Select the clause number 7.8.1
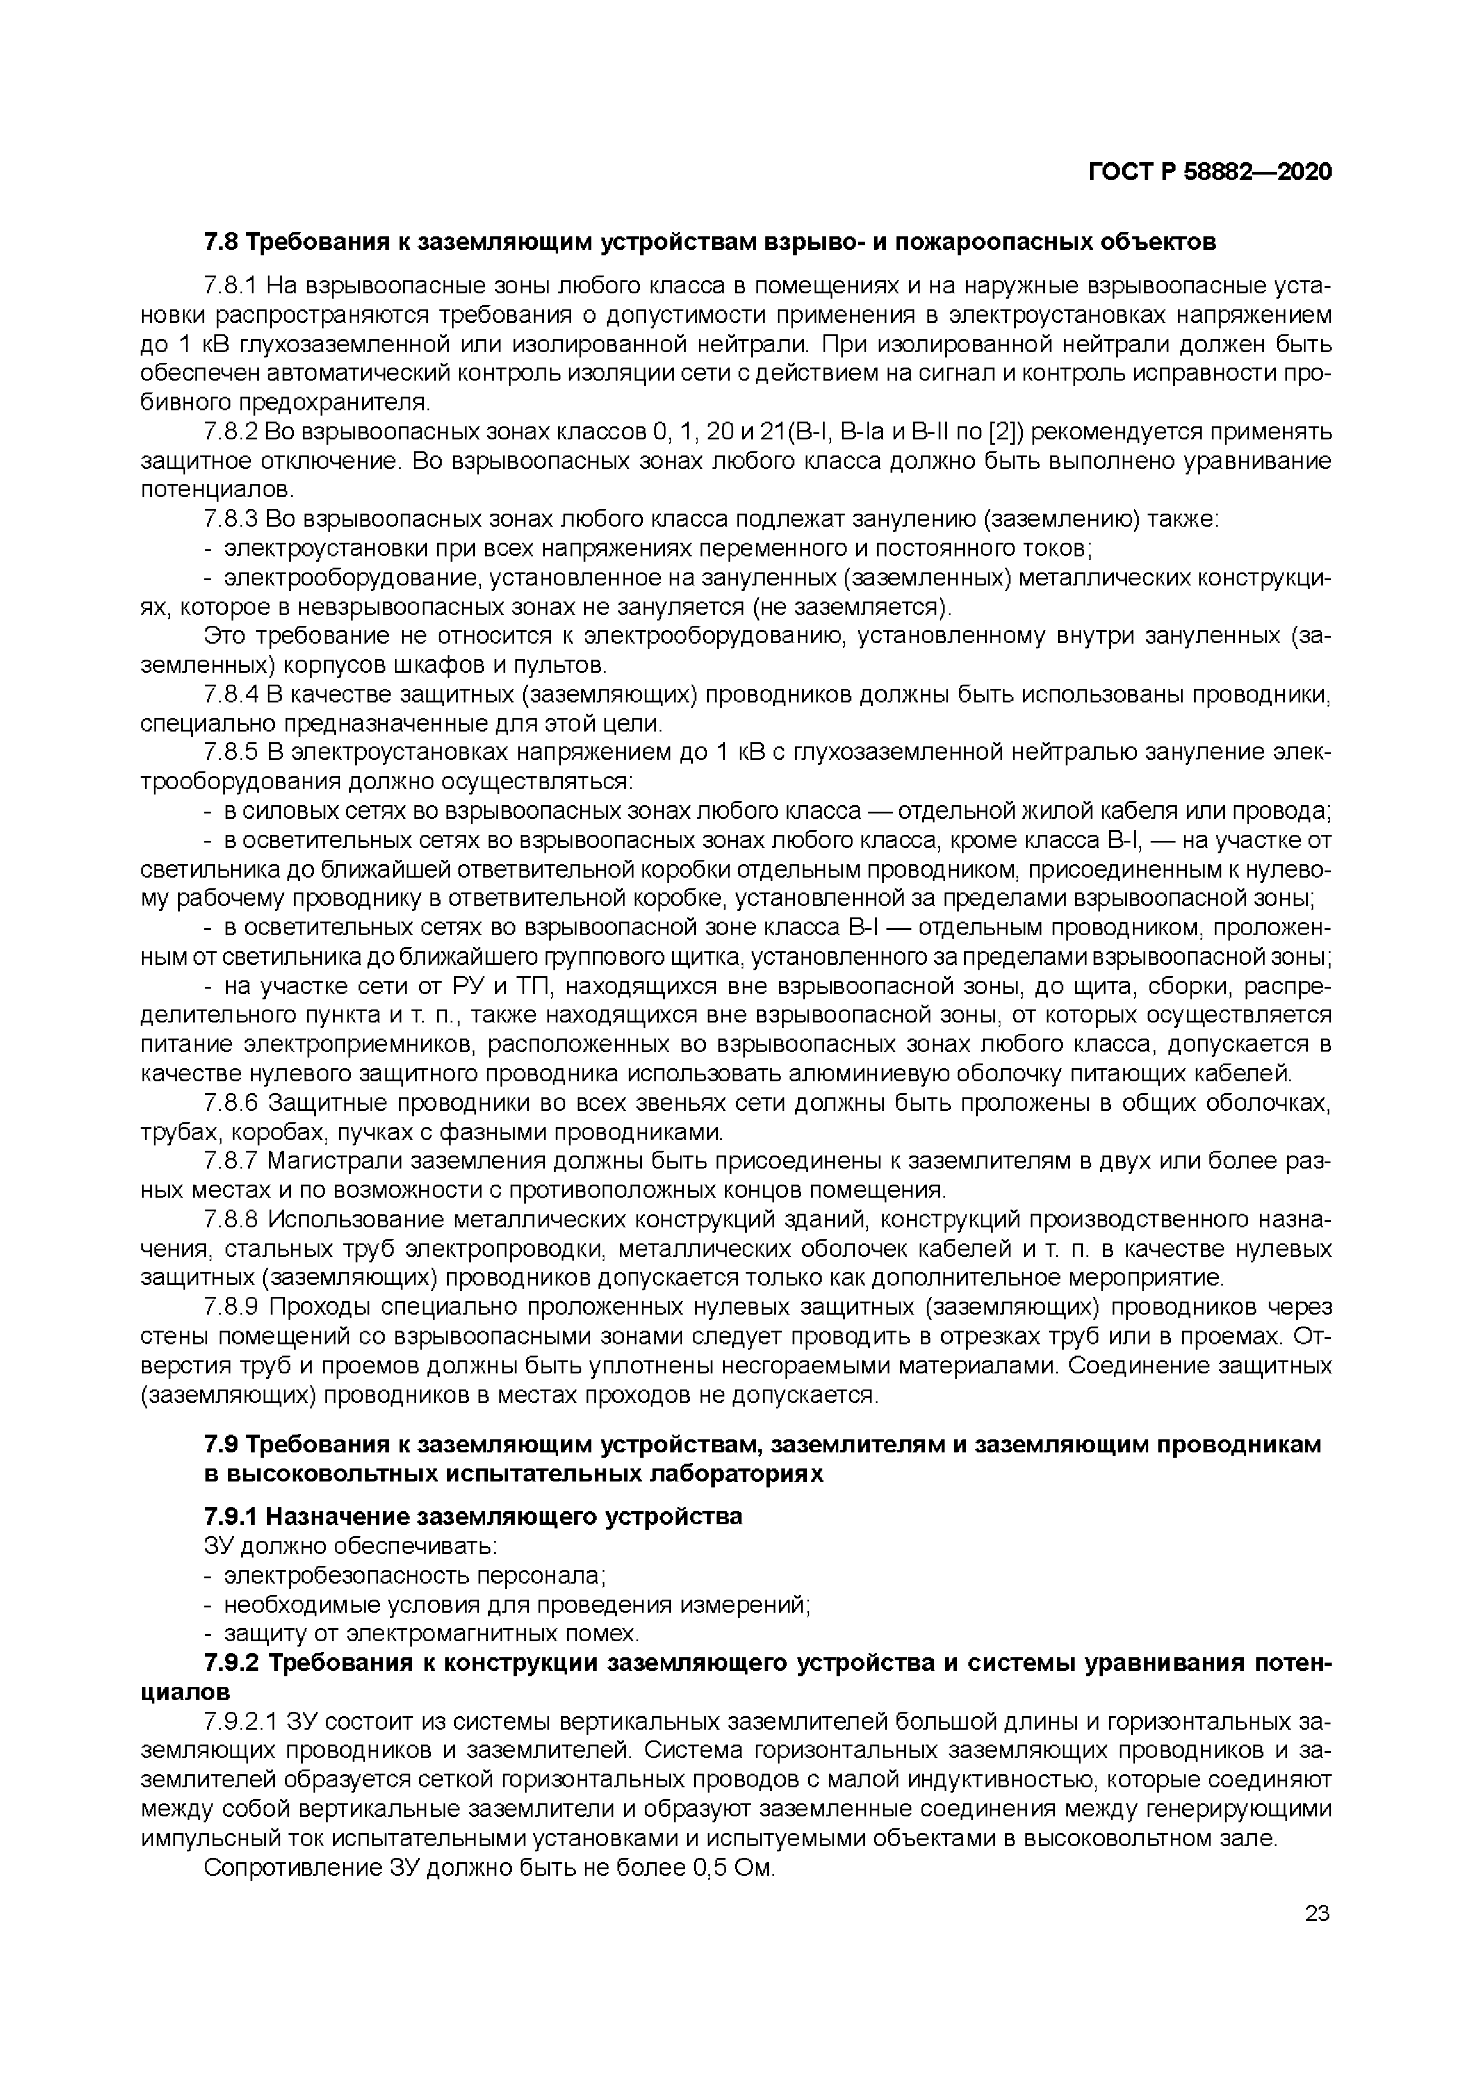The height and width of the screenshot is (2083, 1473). (232, 287)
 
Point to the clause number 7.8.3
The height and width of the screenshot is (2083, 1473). (232, 519)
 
